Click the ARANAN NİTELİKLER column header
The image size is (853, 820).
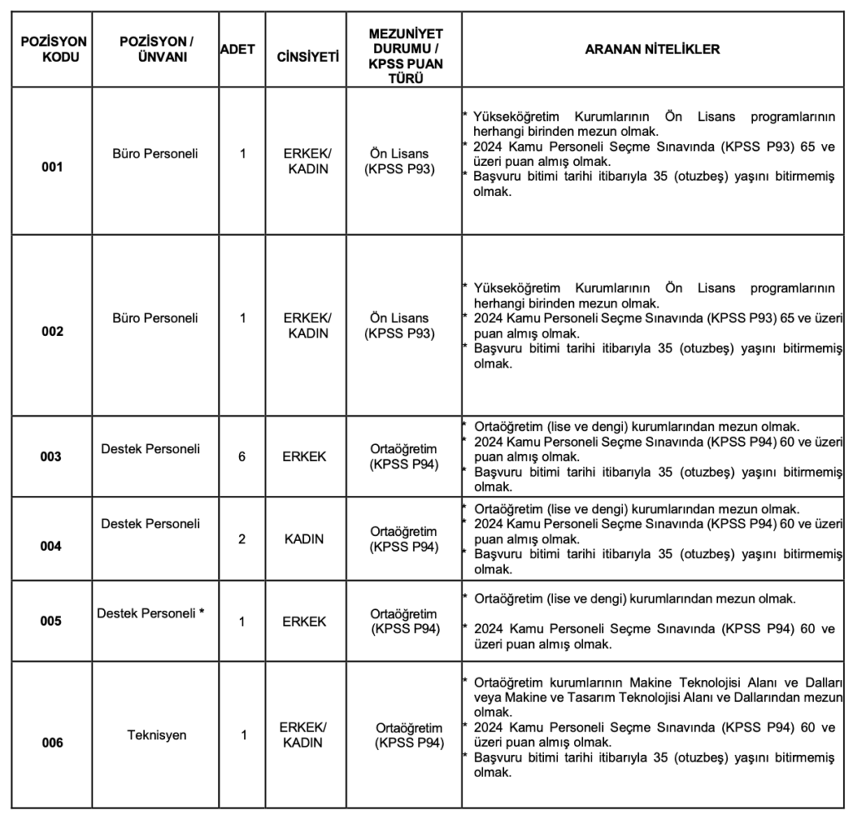pyautogui.click(x=652, y=49)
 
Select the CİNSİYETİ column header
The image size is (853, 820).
pyautogui.click(x=307, y=57)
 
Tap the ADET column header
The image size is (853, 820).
pyautogui.click(x=238, y=49)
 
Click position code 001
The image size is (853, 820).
pyautogui.click(x=52, y=167)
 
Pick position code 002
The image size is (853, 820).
pyautogui.click(x=52, y=331)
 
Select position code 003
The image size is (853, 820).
pyautogui.click(x=52, y=457)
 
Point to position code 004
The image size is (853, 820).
pyautogui.click(x=52, y=546)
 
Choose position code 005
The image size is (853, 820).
pyautogui.click(x=52, y=621)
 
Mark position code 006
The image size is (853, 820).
pyautogui.click(x=52, y=742)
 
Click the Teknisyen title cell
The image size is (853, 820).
pyautogui.click(x=157, y=735)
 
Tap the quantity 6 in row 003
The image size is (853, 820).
pyautogui.click(x=242, y=457)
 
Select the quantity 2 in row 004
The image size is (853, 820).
pyautogui.click(x=242, y=538)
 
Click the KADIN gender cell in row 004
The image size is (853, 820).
pyautogui.click(x=304, y=538)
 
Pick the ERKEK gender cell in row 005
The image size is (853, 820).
pyautogui.click(x=304, y=621)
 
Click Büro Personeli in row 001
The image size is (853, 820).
pyautogui.click(x=156, y=153)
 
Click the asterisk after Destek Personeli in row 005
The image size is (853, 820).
pyautogui.click(x=202, y=612)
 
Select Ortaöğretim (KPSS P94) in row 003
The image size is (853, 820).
pyautogui.click(x=403, y=457)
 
